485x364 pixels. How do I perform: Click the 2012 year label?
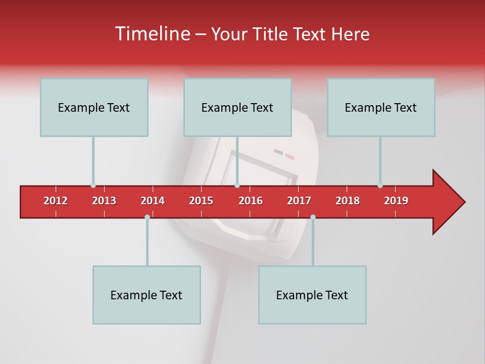[56, 201]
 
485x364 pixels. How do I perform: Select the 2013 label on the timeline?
[104, 201]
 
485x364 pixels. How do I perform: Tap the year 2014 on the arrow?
[153, 201]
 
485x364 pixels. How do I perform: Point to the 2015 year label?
[201, 201]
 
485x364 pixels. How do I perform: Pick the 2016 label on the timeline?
[251, 201]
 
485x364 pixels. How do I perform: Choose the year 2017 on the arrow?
[299, 201]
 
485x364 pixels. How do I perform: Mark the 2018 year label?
[348, 201]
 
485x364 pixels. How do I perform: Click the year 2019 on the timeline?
[396, 201]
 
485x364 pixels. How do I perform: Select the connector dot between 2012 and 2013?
[93, 186]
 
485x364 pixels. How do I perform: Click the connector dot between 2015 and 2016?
[237, 186]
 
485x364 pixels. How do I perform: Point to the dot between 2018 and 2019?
[380, 186]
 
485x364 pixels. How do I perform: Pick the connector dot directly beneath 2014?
[147, 217]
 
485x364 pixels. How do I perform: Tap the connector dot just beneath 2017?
[313, 217]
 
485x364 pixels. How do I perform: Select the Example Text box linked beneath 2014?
[147, 295]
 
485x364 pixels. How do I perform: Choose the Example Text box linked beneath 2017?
[312, 295]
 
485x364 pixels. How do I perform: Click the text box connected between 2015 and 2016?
[237, 107]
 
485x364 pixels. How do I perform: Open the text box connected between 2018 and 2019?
[381, 107]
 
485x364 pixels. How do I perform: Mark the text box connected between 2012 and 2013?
[94, 107]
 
